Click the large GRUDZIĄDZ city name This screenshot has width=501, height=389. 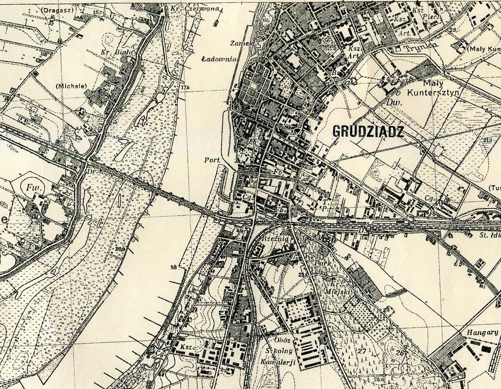pos(368,131)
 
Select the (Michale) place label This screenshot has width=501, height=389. pos(71,86)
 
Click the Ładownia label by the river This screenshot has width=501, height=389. pos(219,59)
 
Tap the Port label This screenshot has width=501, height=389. pos(212,160)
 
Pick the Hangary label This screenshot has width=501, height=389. pos(482,332)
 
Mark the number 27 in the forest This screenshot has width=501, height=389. pos(362,351)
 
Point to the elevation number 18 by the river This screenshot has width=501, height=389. pos(173,267)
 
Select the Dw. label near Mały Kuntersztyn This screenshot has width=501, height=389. pos(391,103)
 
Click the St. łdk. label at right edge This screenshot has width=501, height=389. pos(489,235)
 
